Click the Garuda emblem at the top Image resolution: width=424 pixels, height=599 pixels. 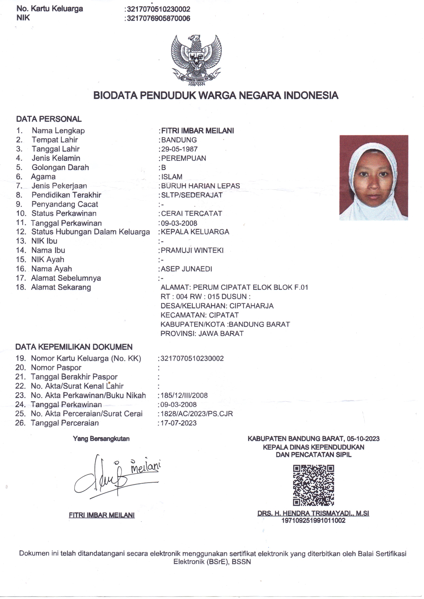click(x=196, y=60)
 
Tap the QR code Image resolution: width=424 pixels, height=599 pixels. click(x=313, y=485)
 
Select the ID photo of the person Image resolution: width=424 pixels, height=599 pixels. click(x=374, y=178)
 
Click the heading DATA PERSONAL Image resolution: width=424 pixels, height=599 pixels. click(x=49, y=119)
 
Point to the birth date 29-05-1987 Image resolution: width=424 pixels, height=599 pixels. click(x=179, y=149)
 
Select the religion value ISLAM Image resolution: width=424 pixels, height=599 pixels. click(x=172, y=177)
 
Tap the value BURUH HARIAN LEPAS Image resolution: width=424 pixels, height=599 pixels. click(x=200, y=186)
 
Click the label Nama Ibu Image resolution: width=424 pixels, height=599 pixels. click(x=48, y=250)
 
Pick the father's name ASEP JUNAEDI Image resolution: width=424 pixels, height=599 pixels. click(x=186, y=269)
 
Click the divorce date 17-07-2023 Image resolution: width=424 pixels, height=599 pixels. click(x=179, y=423)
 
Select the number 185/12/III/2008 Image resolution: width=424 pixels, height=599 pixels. click(x=184, y=395)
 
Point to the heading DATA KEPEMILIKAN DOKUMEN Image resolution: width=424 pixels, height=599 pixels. click(x=74, y=347)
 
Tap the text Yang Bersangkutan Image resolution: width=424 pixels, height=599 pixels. click(x=101, y=438)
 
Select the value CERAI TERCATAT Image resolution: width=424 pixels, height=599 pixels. click(x=192, y=214)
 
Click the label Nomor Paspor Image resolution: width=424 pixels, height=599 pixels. click(x=56, y=367)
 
